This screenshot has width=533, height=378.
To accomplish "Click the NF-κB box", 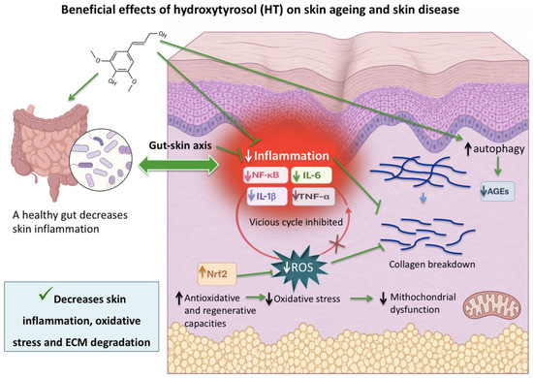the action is click(x=266, y=175).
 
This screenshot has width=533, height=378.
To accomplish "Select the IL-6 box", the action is click(x=311, y=175).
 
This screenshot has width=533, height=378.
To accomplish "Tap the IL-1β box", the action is click(x=266, y=197).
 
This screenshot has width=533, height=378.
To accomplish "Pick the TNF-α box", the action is click(x=313, y=196).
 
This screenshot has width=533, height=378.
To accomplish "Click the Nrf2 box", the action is click(x=217, y=273).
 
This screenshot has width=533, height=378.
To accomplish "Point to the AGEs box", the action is click(x=497, y=191).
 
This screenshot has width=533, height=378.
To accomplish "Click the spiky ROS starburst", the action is click(x=299, y=266).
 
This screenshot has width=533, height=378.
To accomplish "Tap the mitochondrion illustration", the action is click(x=492, y=306).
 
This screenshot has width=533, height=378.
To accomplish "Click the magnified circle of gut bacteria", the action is click(x=100, y=160).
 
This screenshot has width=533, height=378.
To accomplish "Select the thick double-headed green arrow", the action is click(x=179, y=166).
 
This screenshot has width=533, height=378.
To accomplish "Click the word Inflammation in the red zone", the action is click(x=292, y=156).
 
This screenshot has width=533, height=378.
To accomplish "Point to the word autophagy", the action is click(x=499, y=149).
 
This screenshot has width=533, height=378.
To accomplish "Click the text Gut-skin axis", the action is click(x=180, y=145).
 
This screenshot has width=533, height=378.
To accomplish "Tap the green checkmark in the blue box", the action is click(x=46, y=294).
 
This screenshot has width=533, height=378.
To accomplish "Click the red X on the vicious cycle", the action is click(x=337, y=245).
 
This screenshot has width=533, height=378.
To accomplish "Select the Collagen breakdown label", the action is click(x=431, y=265).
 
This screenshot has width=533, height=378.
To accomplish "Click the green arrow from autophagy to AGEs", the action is click(x=498, y=167).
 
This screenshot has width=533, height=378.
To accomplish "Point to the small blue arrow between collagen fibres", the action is click(x=423, y=197).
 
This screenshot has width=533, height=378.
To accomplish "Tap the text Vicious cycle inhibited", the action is click(x=296, y=222).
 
